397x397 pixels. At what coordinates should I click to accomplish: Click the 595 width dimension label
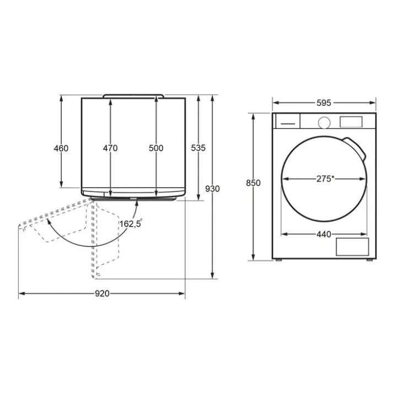(324, 103)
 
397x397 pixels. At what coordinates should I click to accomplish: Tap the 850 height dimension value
(253, 183)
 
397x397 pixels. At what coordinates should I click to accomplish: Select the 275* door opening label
(325, 179)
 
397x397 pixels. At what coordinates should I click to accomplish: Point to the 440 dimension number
(324, 234)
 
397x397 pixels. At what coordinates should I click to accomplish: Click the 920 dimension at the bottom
(103, 293)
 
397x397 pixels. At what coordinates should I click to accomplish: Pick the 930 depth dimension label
(212, 189)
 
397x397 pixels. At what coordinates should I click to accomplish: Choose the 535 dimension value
(198, 148)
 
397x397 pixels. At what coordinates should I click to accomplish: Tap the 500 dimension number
(156, 148)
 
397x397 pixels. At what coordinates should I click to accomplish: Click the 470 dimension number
(110, 148)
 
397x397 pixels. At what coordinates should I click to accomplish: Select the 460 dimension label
(61, 148)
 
